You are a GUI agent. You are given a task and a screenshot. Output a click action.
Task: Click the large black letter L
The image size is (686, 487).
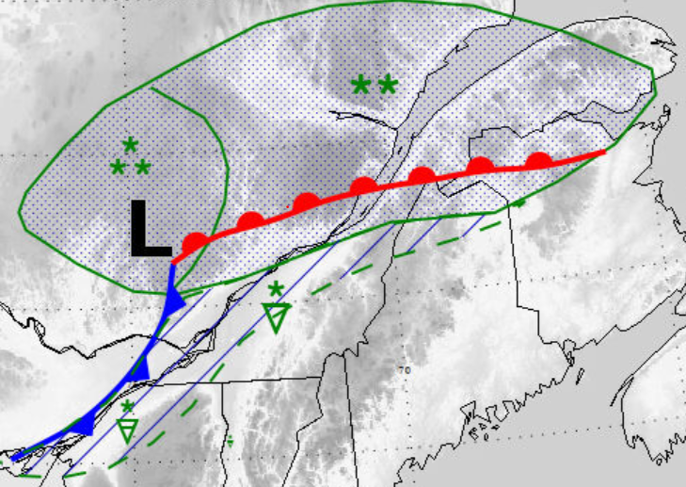[150, 229]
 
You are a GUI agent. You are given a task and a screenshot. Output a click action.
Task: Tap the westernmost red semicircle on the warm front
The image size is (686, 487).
[194, 241]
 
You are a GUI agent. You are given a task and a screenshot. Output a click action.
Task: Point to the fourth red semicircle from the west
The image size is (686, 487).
[364, 186]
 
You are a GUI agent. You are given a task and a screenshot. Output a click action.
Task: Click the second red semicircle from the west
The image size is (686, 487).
[250, 221]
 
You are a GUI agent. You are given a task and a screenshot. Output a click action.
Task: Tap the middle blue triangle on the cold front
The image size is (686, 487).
[140, 366]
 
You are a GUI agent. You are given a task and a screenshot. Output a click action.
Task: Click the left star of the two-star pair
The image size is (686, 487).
[360, 85]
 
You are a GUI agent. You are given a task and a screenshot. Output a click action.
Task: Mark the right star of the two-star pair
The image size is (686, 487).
[387, 85]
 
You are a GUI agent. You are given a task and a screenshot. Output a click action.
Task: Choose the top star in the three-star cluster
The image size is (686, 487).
[131, 144]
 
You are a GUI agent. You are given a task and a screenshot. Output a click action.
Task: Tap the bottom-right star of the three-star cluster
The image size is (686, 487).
[142, 168]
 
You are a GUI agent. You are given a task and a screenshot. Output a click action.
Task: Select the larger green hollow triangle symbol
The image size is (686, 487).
[276, 317]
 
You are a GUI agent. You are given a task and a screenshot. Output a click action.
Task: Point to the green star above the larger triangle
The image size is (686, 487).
[275, 288]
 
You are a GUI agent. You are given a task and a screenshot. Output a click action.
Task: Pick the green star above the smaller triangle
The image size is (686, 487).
[127, 407]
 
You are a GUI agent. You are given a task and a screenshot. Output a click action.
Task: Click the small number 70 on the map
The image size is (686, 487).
[407, 370]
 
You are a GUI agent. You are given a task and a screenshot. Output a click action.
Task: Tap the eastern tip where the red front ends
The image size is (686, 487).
[604, 151]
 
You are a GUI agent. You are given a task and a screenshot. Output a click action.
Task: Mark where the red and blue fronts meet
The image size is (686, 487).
[173, 261]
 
